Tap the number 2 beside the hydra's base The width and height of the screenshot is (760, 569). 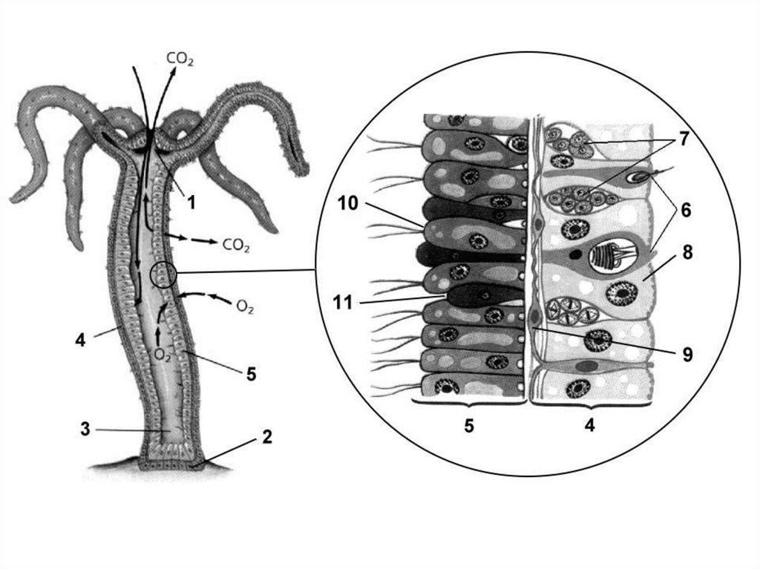pyautogui.click(x=267, y=437)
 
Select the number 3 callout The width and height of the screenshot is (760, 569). pyautogui.click(x=85, y=430)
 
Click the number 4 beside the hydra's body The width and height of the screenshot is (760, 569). pyautogui.click(x=79, y=340)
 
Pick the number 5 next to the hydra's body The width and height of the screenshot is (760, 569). pyautogui.click(x=252, y=374)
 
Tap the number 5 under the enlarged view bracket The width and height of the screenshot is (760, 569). pyautogui.click(x=468, y=426)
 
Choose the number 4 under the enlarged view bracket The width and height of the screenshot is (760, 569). pyautogui.click(x=590, y=426)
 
